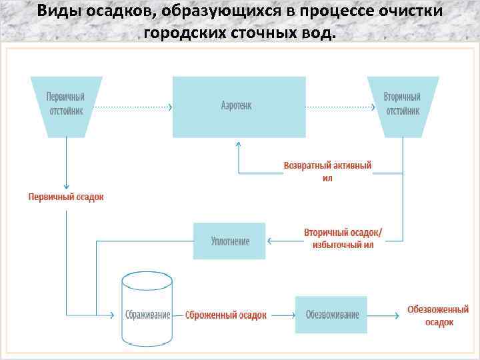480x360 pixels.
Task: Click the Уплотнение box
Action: pyautogui.click(x=229, y=241)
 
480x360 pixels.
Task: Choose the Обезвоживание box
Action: pyautogui.click(x=331, y=315)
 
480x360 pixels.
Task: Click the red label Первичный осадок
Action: pyautogui.click(x=66, y=197)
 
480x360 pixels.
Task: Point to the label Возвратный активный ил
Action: pyautogui.click(x=327, y=171)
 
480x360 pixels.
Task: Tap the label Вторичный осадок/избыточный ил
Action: pyautogui.click(x=343, y=239)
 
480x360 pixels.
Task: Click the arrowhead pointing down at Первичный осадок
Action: pyautogui.click(x=66, y=186)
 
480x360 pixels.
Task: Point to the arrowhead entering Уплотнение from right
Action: pyautogui.click(x=269, y=241)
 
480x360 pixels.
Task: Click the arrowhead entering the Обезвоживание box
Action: pyautogui.click(x=293, y=315)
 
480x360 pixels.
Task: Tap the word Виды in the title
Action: pyautogui.click(x=55, y=11)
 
